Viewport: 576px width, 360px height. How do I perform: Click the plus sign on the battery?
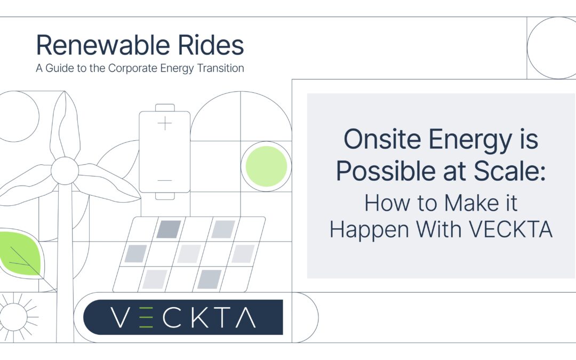point(165,124)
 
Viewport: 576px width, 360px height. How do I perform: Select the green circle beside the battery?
point(266,166)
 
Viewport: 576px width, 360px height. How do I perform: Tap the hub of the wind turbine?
point(65,169)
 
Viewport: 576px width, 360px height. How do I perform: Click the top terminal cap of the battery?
point(165,107)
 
